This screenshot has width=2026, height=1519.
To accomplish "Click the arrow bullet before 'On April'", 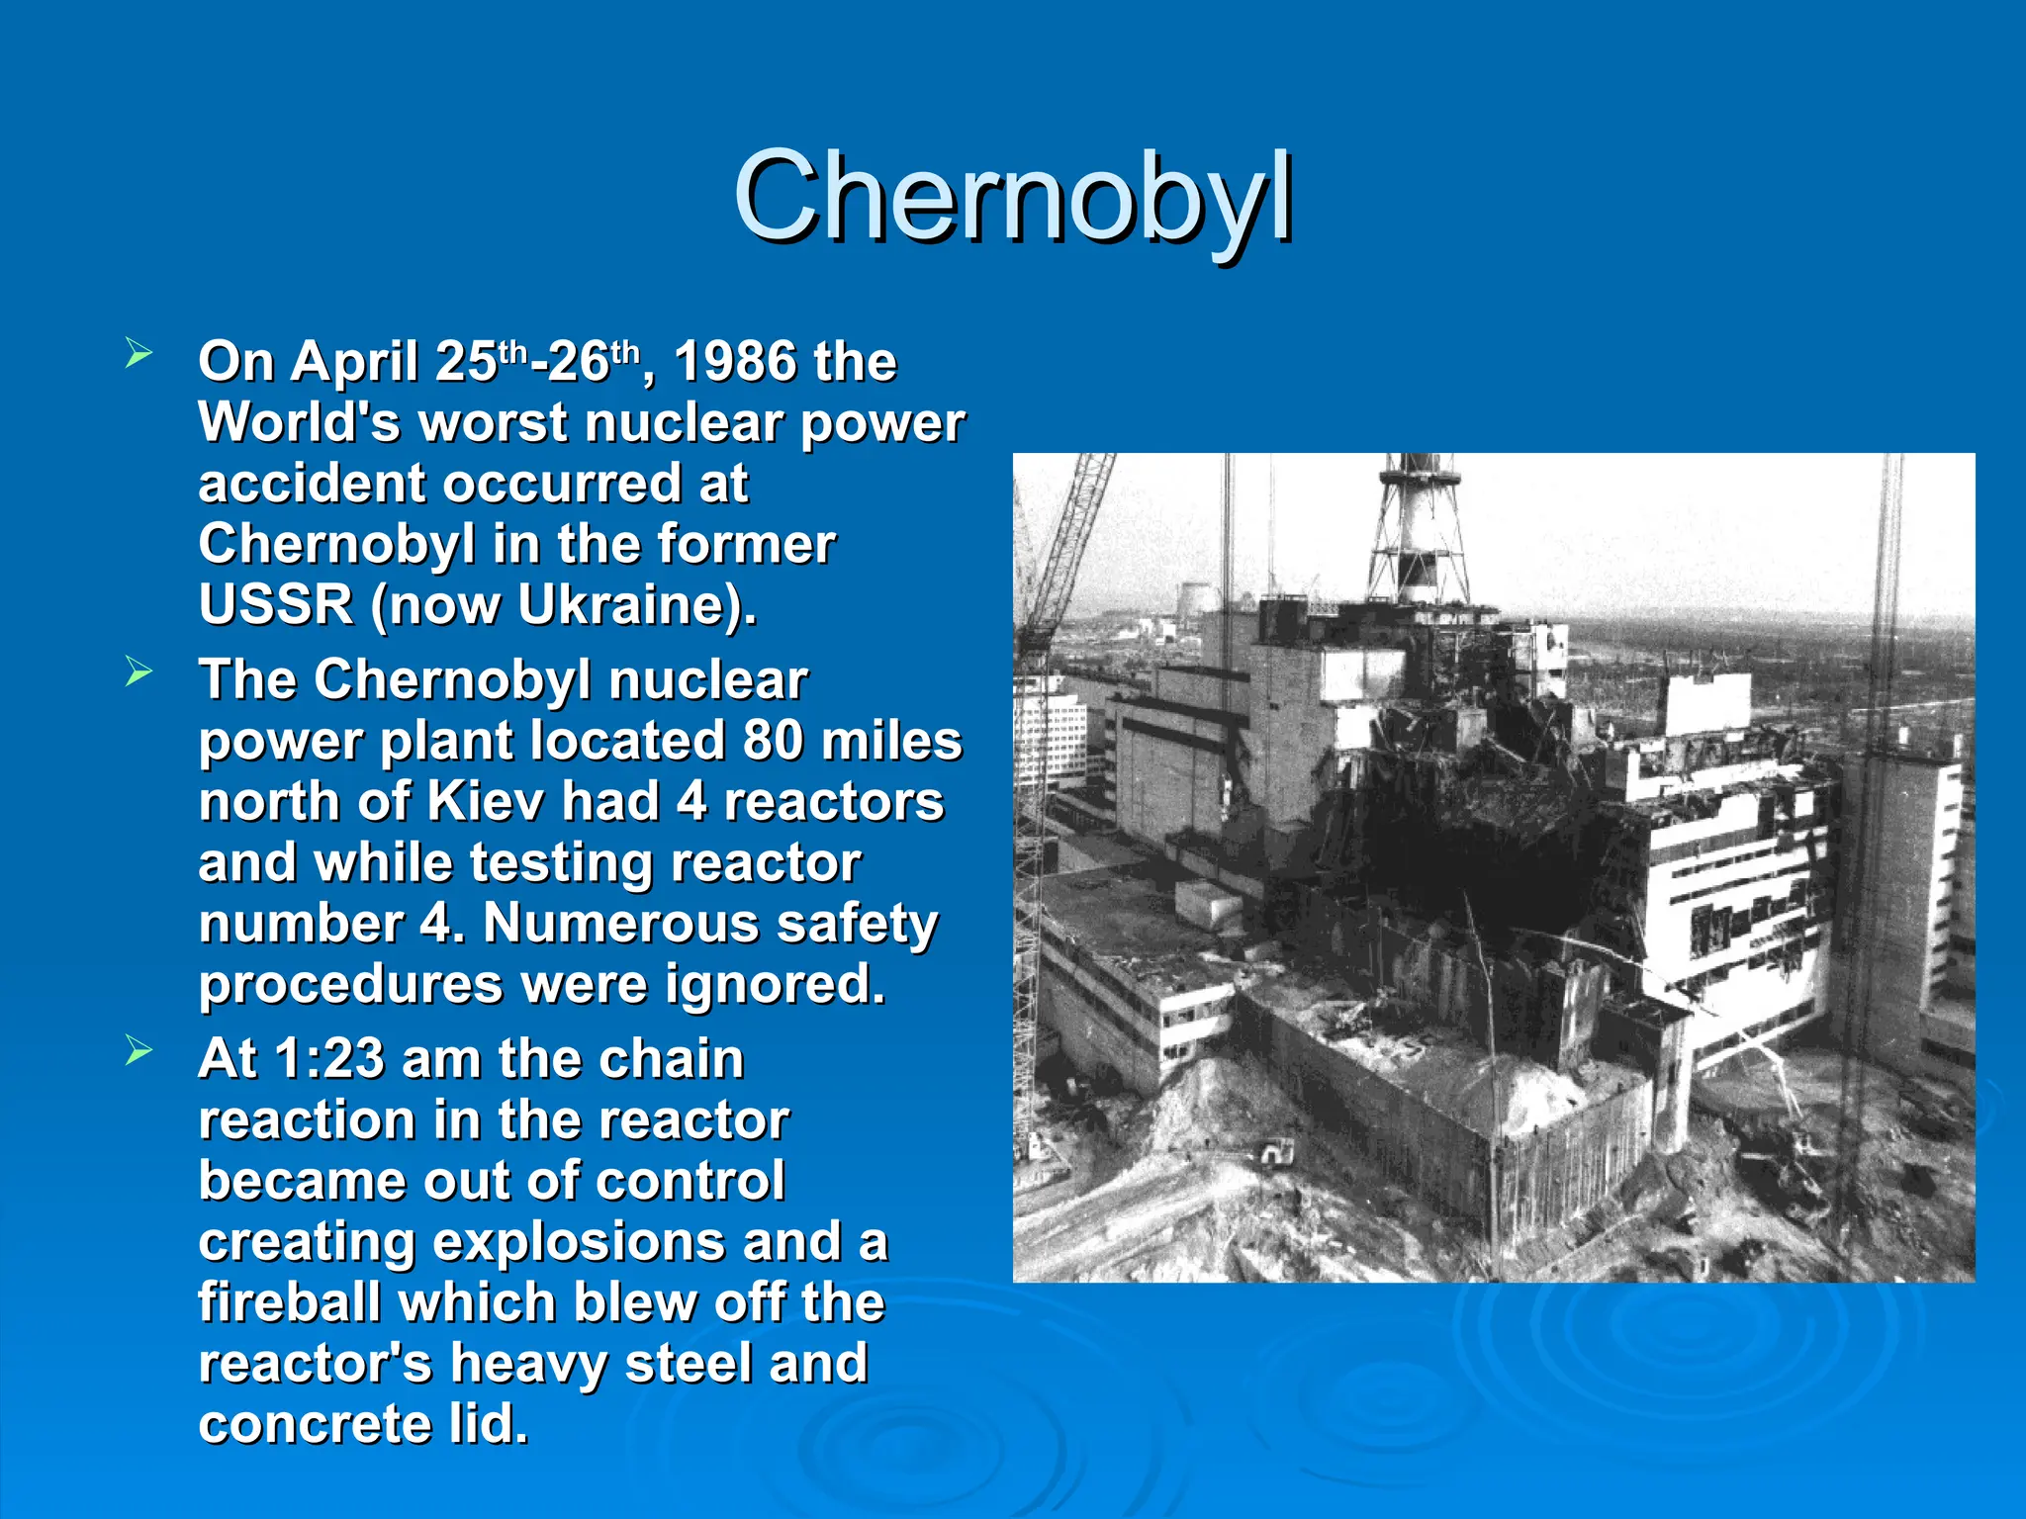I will (138, 354).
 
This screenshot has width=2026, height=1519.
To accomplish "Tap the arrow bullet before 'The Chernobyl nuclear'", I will (138, 672).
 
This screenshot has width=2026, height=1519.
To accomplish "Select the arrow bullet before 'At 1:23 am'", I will (138, 1051).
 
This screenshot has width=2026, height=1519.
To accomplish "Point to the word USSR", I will (276, 604).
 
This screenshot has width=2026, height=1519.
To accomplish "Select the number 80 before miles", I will (773, 741).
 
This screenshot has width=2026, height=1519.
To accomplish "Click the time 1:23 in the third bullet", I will (328, 1059).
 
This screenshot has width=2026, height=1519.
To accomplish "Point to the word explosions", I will (579, 1242).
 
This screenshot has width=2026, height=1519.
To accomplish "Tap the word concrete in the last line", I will (314, 1424).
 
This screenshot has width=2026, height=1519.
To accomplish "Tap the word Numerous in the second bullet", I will (619, 924).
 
